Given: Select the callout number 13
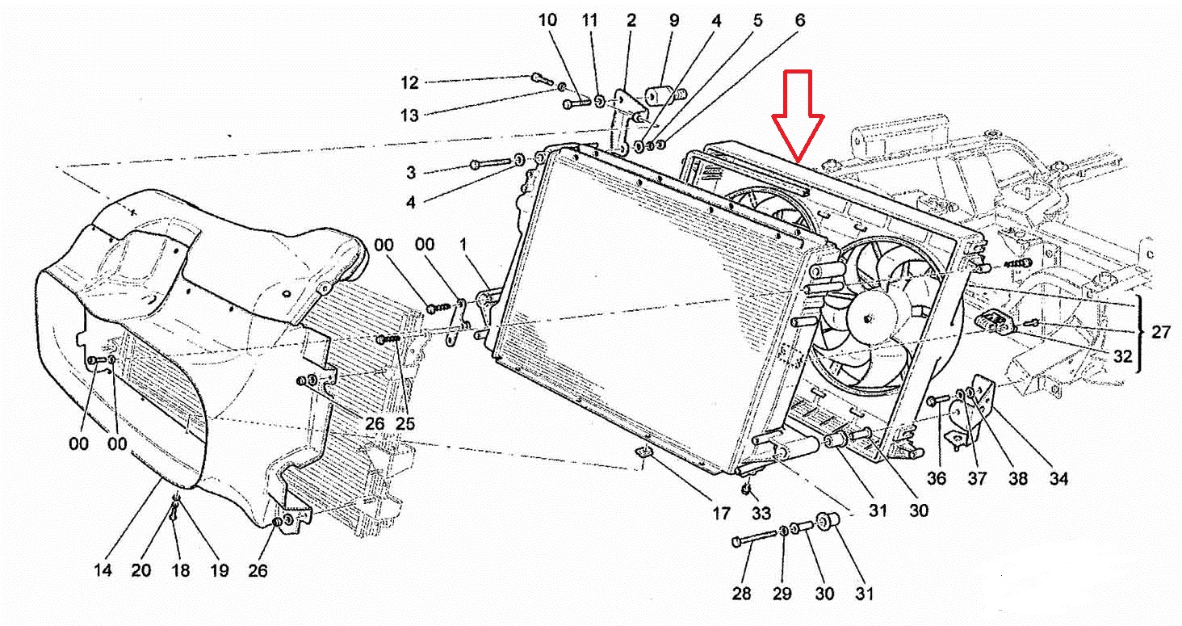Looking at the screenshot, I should (410, 116).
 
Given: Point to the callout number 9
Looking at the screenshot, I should (673, 19).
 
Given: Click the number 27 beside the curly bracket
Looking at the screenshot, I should (1160, 332).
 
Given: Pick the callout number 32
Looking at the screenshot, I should (1123, 356).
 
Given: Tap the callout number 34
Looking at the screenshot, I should (1058, 479).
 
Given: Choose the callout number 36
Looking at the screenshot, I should (936, 479).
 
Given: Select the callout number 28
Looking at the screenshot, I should (741, 594).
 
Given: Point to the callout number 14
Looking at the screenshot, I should (103, 570).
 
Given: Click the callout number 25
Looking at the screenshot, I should (404, 422).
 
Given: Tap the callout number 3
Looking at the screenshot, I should (411, 172).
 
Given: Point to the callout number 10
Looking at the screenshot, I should (548, 19).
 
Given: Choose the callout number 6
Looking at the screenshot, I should (799, 19).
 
